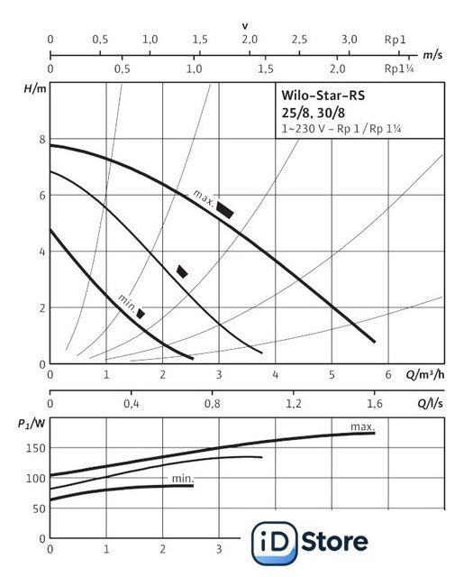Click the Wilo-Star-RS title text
click(323, 96)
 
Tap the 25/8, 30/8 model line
click(314, 113)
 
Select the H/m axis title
click(35, 88)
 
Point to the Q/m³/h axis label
click(425, 375)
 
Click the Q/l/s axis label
click(430, 403)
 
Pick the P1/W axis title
click(32, 424)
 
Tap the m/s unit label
click(432, 55)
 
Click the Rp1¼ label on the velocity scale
click(399, 69)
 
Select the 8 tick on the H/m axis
click(42, 140)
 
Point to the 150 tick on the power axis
click(36, 448)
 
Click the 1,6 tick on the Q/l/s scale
click(374, 404)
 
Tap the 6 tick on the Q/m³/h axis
click(388, 375)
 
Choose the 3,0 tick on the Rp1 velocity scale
click(350, 40)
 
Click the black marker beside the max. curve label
click(224, 210)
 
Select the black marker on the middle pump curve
click(182, 271)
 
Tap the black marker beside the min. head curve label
click(141, 314)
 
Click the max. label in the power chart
click(362, 426)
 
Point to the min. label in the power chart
click(183, 479)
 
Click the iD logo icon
click(274, 543)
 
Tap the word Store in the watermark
click(335, 541)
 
